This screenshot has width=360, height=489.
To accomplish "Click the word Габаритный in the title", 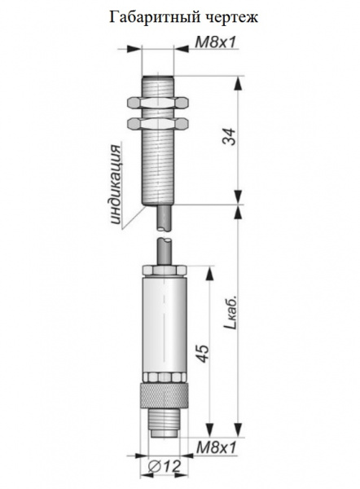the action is (x=154, y=17).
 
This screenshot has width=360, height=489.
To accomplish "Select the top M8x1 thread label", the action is (x=215, y=42).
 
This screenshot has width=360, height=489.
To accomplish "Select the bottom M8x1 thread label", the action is (x=217, y=448).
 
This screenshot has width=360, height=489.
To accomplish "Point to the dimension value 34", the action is (x=229, y=137).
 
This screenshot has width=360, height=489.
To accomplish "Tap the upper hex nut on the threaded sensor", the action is (x=158, y=104).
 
